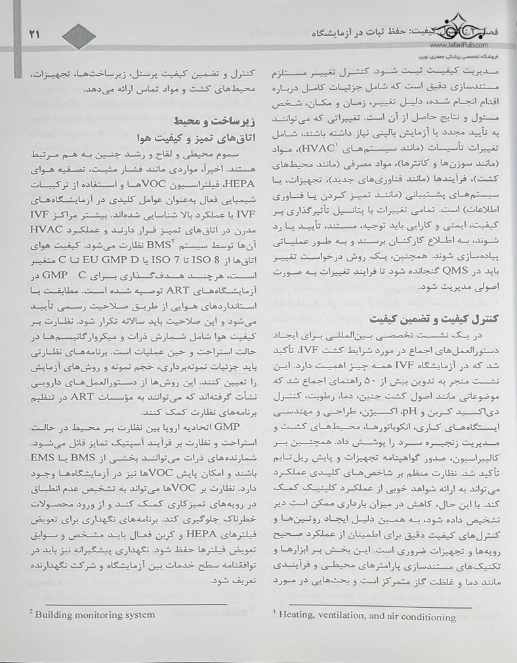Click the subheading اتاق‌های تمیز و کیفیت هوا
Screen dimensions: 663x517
pyautogui.click(x=190, y=138)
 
